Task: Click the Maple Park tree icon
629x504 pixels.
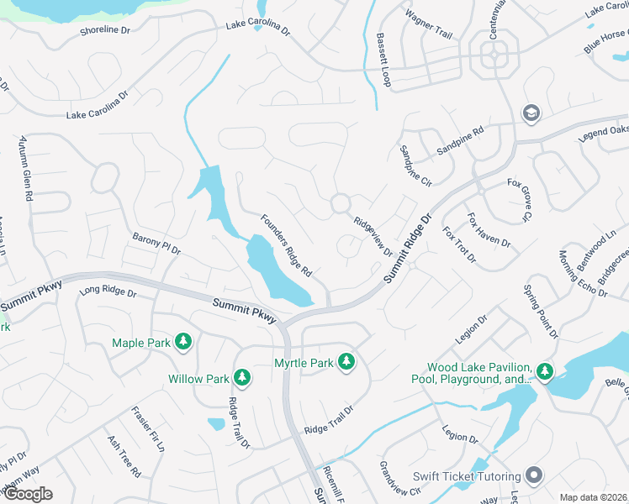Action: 183,342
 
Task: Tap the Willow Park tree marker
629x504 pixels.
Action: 241,378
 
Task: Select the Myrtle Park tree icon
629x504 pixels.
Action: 346,362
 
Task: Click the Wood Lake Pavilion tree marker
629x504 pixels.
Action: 544,370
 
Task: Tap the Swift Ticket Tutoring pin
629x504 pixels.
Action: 533,476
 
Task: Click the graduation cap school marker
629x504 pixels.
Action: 531,113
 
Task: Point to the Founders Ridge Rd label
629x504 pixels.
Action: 286,246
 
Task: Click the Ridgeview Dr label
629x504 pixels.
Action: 373,237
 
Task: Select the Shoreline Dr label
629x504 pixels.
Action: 105,30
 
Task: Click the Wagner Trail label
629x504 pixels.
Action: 428,24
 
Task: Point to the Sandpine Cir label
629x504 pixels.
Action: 415,165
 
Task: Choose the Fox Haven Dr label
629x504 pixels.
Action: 488,229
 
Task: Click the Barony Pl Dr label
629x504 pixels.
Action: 156,244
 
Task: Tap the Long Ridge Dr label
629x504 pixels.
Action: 108,292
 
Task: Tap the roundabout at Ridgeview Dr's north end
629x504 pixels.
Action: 340,203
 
